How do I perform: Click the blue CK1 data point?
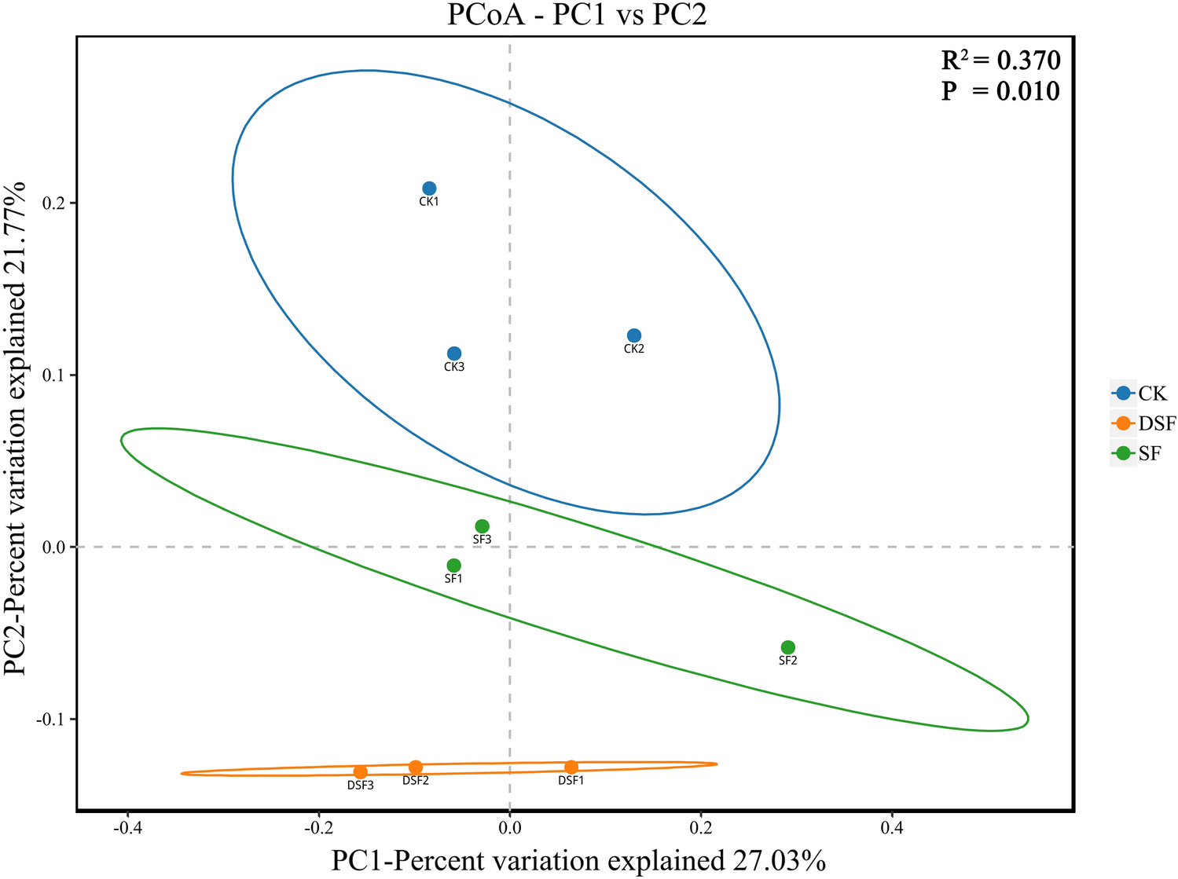[x=429, y=189]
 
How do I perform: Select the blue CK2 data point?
[x=634, y=335]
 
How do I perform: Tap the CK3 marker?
[x=454, y=353]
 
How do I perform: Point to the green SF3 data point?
[x=483, y=526]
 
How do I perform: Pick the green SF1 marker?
[x=454, y=566]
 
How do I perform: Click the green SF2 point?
[x=788, y=647]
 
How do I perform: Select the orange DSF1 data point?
[x=571, y=767]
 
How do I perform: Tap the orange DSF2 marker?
[x=416, y=767]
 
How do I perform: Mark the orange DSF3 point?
[x=361, y=772]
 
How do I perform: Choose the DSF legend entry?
[x=1143, y=423]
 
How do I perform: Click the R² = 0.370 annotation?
[x=1000, y=60]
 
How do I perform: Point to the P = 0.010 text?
[x=1000, y=91]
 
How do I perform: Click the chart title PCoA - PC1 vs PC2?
[x=577, y=16]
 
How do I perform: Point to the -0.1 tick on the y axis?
[x=49, y=720]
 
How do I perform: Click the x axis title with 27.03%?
[x=578, y=861]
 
